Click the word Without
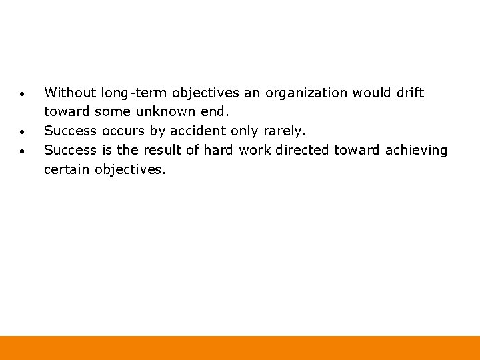[x=70, y=93]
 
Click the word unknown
[x=168, y=112]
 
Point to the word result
[x=162, y=151]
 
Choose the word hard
[x=218, y=151]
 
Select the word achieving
[x=417, y=151]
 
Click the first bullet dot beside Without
[x=23, y=93]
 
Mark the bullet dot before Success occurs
[x=23, y=131]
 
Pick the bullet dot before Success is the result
[x=23, y=151]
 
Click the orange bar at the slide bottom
[x=240, y=348]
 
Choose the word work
[x=255, y=151]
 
